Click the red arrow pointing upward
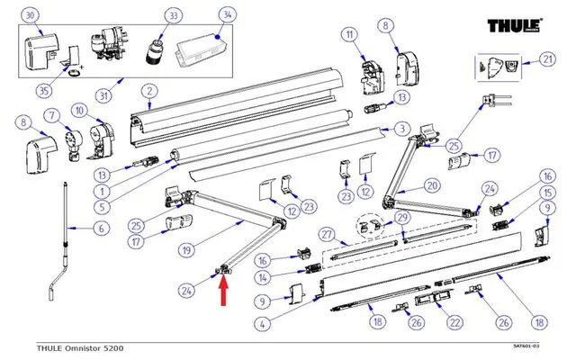coord(224,292)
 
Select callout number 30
coord(31,15)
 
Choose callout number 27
coord(328,235)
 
